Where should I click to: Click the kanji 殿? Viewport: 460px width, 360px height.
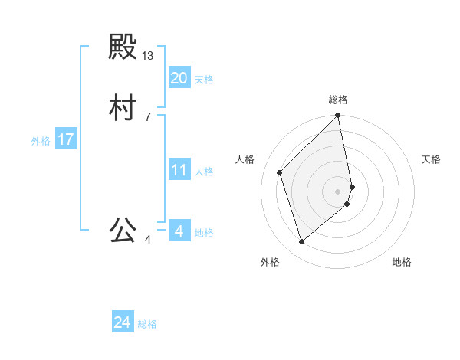(123, 48)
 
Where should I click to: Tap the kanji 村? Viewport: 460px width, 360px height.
(123, 108)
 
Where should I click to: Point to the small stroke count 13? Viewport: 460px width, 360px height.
(148, 56)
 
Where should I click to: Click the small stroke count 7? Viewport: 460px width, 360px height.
(148, 116)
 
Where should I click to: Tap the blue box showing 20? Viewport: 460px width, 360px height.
(179, 77)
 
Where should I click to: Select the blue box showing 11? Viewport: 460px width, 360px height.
(179, 170)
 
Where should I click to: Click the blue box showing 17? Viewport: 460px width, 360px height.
(66, 139)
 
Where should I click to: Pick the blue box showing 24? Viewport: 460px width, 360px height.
(123, 322)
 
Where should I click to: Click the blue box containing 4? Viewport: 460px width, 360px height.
(179, 231)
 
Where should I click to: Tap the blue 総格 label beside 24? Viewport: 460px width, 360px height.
(147, 324)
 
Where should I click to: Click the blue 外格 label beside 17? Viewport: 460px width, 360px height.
(41, 141)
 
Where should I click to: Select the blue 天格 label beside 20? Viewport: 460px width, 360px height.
(204, 79)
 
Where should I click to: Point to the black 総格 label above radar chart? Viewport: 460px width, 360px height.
(338, 100)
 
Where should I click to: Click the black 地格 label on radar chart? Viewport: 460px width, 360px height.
(402, 262)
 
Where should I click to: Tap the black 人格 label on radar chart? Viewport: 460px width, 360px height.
(245, 159)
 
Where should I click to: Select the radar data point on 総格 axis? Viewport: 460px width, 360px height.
(338, 116)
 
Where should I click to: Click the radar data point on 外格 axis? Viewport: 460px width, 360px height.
(302, 242)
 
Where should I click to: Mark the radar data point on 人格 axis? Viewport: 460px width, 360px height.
(280, 172)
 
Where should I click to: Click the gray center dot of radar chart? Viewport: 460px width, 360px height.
(338, 191)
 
